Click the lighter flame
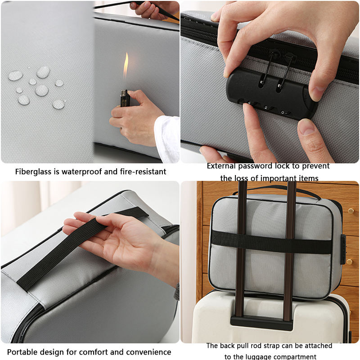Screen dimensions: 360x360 pyautogui.click(x=126, y=65)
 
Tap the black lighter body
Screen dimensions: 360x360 pyautogui.click(x=125, y=98)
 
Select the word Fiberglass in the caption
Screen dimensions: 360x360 pyautogui.click(x=33, y=171)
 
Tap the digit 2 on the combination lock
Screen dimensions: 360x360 pyautogui.click(x=265, y=108)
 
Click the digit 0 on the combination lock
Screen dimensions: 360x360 pyautogui.click(x=283, y=112)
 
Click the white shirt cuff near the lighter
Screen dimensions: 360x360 pyautogui.click(x=167, y=139)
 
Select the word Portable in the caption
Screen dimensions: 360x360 pyautogui.click(x=21, y=352)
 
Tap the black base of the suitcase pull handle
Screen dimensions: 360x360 pyautogui.click(x=261, y=323)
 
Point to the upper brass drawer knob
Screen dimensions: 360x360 pyautogui.click(x=351, y=211)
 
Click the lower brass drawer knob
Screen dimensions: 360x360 pyautogui.click(x=350, y=261)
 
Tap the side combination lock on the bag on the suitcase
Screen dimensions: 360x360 pyautogui.click(x=343, y=249)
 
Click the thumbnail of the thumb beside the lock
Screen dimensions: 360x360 pyautogui.click(x=306, y=127)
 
